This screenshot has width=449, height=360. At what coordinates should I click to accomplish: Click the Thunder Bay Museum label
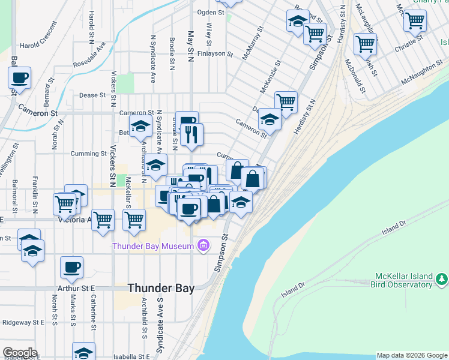tap(154, 246)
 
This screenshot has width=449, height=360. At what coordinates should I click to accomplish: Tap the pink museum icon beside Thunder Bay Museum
tap(203, 245)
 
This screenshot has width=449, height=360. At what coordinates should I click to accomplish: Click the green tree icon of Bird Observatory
tap(442, 278)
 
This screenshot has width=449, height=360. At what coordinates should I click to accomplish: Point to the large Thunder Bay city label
tap(161, 289)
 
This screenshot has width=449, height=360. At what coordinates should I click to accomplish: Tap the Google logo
tap(20, 353)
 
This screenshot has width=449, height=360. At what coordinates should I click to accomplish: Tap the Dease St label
tap(92, 95)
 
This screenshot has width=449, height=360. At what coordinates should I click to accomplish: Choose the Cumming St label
tap(88, 154)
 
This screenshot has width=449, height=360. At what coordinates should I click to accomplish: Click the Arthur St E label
tap(80, 289)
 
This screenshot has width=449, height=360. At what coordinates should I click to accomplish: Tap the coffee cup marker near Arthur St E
tap(71, 267)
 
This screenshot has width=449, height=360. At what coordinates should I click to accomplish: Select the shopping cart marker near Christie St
tap(365, 44)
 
